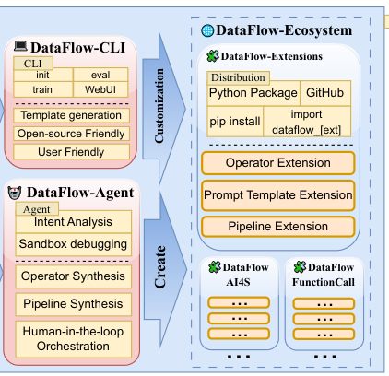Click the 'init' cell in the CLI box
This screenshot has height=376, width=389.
tap(43, 75)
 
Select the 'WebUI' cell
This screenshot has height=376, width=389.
tap(100, 89)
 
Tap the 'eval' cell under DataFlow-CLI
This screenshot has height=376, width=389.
tap(100, 75)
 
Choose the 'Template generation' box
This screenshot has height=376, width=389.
tap(71, 115)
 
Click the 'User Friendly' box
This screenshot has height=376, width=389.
tap(71, 152)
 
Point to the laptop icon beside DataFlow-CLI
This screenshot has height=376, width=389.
tap(20, 46)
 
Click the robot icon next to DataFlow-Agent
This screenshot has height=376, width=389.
tap(15, 193)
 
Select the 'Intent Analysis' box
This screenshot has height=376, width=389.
tap(74, 222)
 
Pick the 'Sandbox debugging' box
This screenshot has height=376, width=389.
tap(74, 244)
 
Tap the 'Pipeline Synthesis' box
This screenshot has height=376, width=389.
tap(74, 304)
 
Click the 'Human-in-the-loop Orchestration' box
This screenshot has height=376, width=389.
tap(74, 339)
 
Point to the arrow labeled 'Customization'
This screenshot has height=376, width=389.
tap(164, 109)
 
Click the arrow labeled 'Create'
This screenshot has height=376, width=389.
tap(165, 268)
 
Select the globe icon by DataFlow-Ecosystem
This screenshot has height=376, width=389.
tap(207, 30)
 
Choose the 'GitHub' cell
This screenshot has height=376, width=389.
tap(325, 93)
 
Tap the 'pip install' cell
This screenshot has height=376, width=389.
tap(235, 122)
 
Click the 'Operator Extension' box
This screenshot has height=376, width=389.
tap(278, 163)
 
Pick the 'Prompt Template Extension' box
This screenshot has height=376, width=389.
tap(278, 195)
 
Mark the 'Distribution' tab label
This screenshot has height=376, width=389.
tap(238, 77)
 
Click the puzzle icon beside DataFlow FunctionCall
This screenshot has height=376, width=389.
tap(300, 267)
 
